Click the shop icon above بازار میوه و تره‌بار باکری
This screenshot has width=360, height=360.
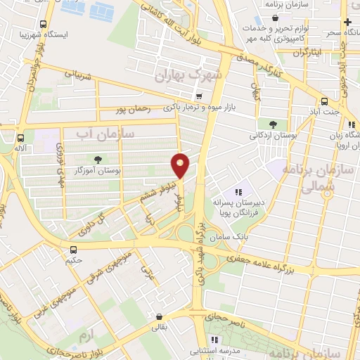201,96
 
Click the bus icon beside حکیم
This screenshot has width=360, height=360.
73,249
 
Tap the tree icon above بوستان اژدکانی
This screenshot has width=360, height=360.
272,124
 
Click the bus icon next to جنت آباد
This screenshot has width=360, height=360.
323,101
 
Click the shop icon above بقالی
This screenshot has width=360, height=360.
161,316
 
